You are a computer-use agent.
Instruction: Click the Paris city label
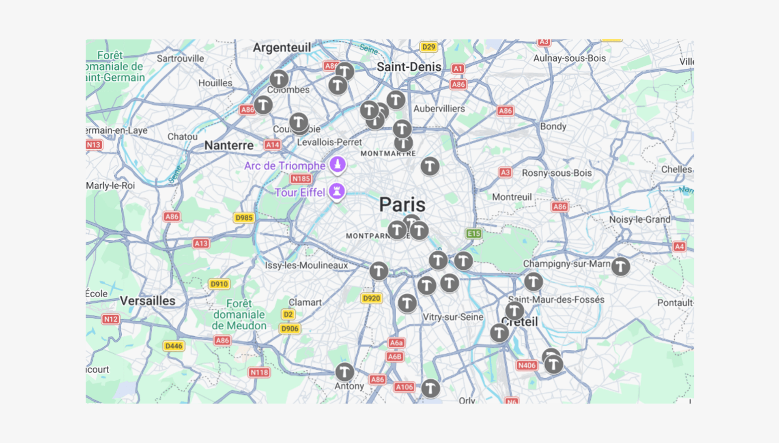click(x=402, y=204)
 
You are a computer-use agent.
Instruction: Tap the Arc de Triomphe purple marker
click(x=338, y=165)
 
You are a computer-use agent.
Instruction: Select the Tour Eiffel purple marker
click(x=337, y=191)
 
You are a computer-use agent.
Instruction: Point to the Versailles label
click(x=148, y=301)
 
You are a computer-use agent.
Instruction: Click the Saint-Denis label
click(x=409, y=67)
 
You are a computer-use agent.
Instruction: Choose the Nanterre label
click(x=229, y=145)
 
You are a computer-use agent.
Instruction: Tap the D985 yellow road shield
click(x=244, y=218)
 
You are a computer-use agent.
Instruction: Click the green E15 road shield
click(x=473, y=233)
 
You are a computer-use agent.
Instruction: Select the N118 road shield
click(x=259, y=372)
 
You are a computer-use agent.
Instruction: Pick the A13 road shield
click(x=201, y=243)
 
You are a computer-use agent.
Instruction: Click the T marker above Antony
click(x=344, y=372)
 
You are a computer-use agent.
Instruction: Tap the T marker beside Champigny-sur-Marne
click(x=620, y=267)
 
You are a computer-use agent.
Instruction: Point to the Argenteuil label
click(x=282, y=48)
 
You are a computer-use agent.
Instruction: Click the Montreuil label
click(x=512, y=197)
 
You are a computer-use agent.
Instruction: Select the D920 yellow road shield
click(x=371, y=299)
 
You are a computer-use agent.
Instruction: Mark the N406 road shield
click(x=527, y=366)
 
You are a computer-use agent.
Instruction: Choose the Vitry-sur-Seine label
click(x=453, y=317)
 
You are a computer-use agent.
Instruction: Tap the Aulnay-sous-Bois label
click(x=569, y=58)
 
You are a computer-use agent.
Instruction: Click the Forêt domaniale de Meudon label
click(x=239, y=315)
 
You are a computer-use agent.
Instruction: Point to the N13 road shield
click(x=94, y=145)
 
